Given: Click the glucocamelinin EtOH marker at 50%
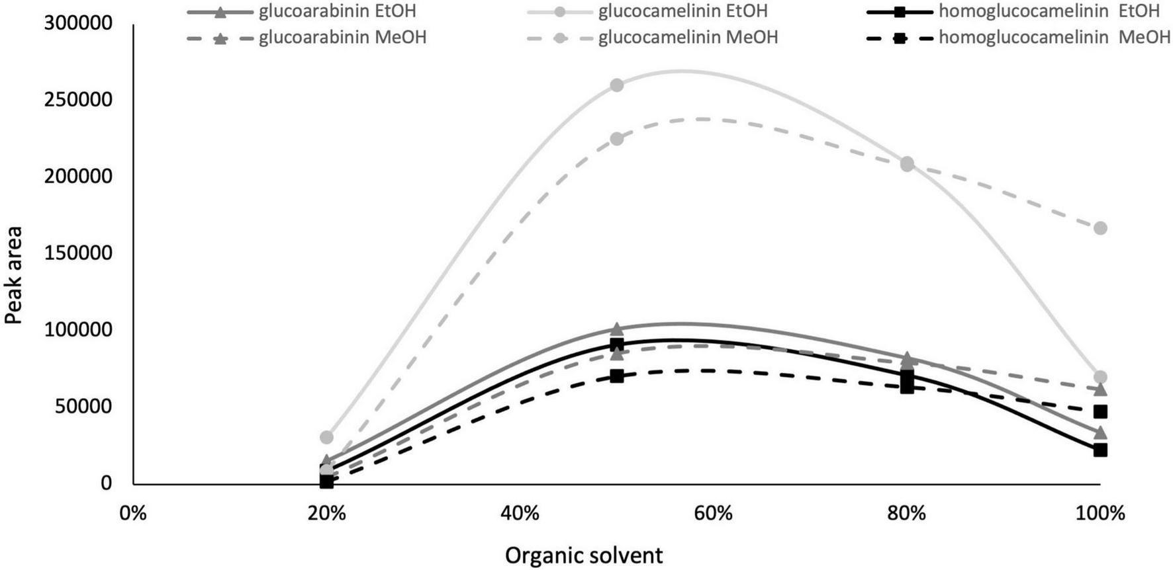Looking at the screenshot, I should click(617, 85).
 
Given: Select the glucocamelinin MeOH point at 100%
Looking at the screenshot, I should click(1100, 228).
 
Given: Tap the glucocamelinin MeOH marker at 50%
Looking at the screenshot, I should click(617, 139).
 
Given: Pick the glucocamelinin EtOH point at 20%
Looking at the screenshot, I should click(326, 437).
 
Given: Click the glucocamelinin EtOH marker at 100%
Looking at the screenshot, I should click(1100, 377).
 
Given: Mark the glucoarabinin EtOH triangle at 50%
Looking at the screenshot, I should click(617, 329).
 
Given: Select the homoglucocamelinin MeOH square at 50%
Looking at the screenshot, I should click(617, 376).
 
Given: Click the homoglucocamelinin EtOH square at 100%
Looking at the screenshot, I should click(1100, 450).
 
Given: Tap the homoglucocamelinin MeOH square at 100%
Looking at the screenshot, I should click(1100, 411).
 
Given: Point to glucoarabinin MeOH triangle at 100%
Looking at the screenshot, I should click(1100, 389).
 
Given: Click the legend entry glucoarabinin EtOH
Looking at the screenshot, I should click(337, 11).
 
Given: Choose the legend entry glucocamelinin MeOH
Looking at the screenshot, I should click(688, 38).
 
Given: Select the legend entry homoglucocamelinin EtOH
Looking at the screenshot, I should click(1049, 11).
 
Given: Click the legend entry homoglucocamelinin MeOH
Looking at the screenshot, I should click(1054, 38).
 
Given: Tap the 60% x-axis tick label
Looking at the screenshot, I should click(713, 513).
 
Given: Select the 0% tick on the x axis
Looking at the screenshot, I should click(133, 513).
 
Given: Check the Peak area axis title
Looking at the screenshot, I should click(14, 275).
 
